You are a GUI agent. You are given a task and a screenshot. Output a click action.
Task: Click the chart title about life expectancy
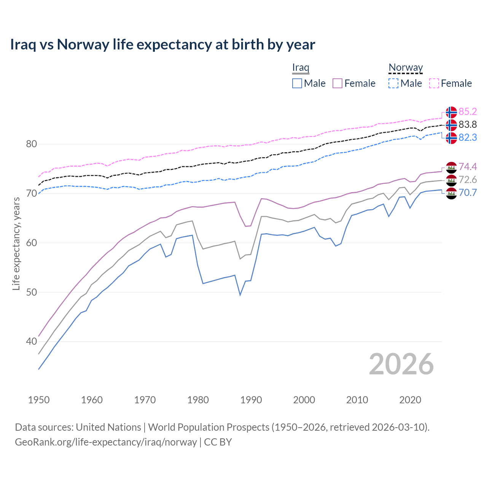(x=162, y=45)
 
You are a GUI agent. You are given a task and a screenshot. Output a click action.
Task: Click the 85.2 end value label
(x=468, y=111)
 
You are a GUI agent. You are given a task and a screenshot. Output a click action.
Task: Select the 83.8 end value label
(x=468, y=124)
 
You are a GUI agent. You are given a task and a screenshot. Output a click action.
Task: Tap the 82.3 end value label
(x=468, y=137)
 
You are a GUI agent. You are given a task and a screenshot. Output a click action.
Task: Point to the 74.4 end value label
(x=468, y=167)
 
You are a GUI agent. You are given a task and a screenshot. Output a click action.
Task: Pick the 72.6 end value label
(x=468, y=180)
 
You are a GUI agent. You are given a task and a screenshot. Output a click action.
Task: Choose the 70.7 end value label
(x=468, y=193)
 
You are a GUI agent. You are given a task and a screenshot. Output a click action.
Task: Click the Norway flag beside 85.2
(x=451, y=112)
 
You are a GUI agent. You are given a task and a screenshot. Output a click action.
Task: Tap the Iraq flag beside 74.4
(x=451, y=167)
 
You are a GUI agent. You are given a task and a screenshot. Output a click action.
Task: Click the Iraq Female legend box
(x=337, y=83)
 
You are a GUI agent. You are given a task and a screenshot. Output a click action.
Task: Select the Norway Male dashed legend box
(x=393, y=83)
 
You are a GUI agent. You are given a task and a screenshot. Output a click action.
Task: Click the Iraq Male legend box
(x=297, y=83)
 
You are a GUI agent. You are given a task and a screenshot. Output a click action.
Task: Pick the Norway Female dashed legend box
(x=434, y=83)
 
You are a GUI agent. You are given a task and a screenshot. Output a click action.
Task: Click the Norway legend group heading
(x=406, y=68)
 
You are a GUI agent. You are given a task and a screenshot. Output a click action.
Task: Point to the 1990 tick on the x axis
(x=251, y=400)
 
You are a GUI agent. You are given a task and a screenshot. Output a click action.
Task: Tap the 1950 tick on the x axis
(x=39, y=400)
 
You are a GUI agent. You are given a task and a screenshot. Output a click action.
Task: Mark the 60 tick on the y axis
(x=32, y=243)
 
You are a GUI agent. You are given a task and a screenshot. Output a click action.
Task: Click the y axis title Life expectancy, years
(x=16, y=243)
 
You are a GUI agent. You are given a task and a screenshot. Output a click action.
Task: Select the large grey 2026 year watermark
(x=401, y=364)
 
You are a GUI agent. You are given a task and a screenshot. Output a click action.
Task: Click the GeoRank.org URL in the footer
(x=106, y=442)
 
